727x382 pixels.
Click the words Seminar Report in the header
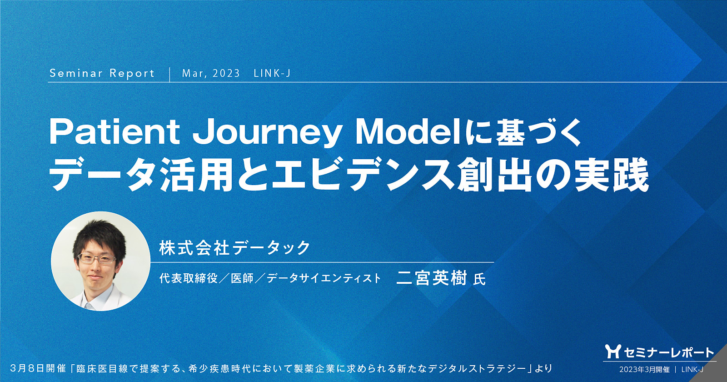pyautogui.click(x=102, y=73)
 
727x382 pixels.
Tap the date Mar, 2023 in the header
pyautogui.click(x=211, y=73)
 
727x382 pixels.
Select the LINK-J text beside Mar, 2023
pyautogui.click(x=272, y=73)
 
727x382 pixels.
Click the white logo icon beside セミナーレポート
pyautogui.click(x=613, y=351)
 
